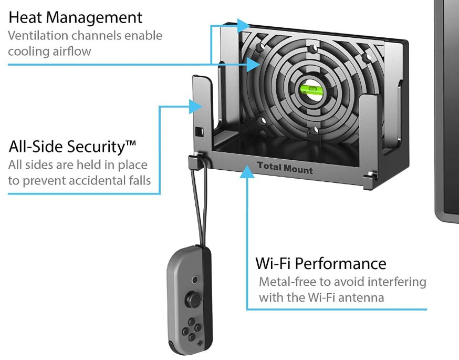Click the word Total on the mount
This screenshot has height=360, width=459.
tap(270, 167)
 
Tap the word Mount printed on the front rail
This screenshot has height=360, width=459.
tap(299, 170)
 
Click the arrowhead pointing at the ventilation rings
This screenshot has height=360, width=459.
tap(254, 64)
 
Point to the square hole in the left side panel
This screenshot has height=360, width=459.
tap(199, 131)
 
